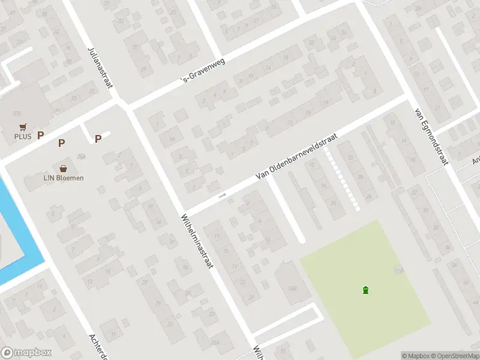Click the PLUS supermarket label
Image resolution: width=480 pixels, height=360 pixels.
point(23,136)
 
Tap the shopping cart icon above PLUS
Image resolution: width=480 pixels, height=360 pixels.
point(23,127)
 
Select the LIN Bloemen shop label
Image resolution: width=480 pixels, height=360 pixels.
point(63,178)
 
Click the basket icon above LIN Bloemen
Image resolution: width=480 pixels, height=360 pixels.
point(63,169)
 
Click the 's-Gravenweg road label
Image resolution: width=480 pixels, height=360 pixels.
point(204,71)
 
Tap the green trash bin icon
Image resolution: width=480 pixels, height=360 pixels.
point(365,291)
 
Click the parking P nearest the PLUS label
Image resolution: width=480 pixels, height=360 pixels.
point(41,136)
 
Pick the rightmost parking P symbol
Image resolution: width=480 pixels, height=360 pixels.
point(98,139)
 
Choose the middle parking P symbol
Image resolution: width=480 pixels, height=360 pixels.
point(61,143)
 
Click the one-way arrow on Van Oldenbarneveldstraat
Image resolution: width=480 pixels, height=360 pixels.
point(222,195)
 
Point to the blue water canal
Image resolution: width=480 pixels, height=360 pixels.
point(18,228)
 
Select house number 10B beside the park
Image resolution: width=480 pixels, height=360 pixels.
point(293,289)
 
